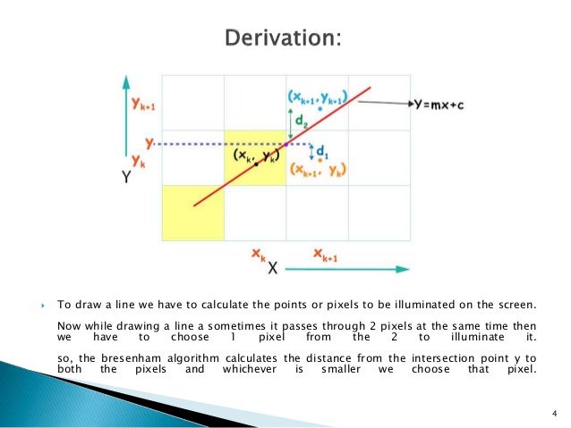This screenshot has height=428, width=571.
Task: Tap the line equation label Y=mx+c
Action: tap(444, 104)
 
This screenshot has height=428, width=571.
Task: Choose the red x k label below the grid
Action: tap(257, 257)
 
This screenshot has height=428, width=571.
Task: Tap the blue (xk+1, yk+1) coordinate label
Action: tap(318, 96)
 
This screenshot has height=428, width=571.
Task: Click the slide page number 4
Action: tap(554, 412)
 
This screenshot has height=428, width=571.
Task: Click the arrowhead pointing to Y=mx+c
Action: tap(413, 104)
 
